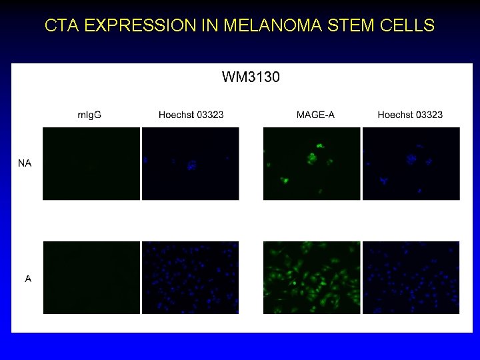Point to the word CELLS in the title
pyautogui.click(x=403, y=26)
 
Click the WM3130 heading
pyautogui.click(x=251, y=77)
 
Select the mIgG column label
pyautogui.click(x=89, y=115)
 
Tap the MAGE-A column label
pyautogui.click(x=315, y=115)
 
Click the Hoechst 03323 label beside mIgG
pyautogui.click(x=191, y=115)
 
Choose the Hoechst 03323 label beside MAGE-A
pyautogui.click(x=410, y=115)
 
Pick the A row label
pyautogui.click(x=28, y=279)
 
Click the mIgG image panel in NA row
pyautogui.click(x=91, y=163)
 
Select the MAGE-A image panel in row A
pyautogui.click(x=311, y=277)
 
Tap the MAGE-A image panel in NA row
pyautogui.click(x=311, y=163)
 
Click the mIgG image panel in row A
pyautogui.click(x=91, y=277)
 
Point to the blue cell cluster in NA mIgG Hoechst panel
pyautogui.click(x=193, y=165)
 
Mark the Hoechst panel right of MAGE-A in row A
pyautogui.click(x=411, y=277)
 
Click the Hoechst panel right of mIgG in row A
pyautogui.click(x=191, y=277)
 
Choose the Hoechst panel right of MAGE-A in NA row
pyautogui.click(x=411, y=163)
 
